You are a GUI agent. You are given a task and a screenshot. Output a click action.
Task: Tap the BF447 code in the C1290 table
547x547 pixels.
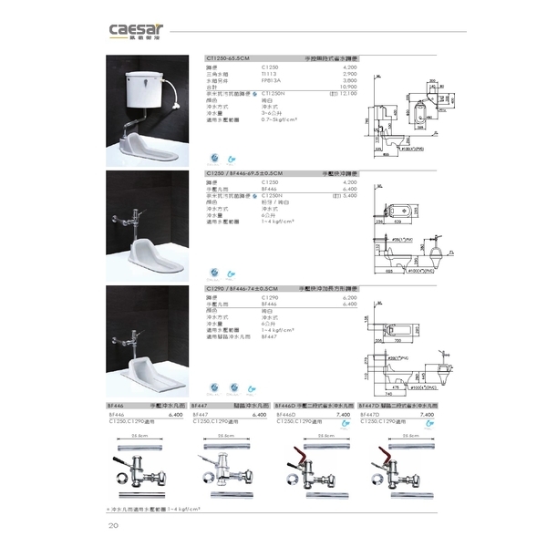pyautogui.click(x=269, y=335)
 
